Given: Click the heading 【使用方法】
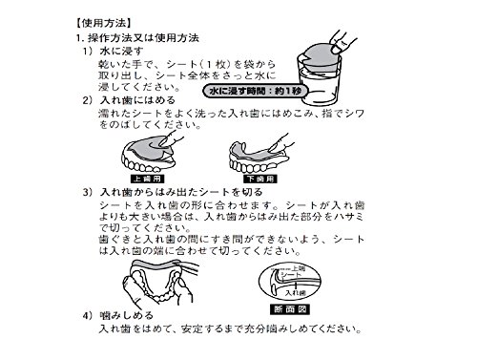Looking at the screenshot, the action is click(x=104, y=23).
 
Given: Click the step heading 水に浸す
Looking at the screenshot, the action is click(x=121, y=51).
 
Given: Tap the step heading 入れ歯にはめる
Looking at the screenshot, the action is click(x=137, y=100).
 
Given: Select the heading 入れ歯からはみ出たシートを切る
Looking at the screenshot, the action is click(x=181, y=192).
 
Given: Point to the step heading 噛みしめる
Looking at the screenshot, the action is click(x=127, y=315).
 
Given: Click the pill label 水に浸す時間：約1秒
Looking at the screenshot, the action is click(x=256, y=91).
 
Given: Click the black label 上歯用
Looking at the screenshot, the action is click(x=148, y=179).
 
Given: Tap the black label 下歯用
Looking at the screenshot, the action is click(x=260, y=179).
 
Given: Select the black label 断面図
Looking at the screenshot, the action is click(x=290, y=309).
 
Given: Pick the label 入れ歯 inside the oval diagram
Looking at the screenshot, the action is click(x=295, y=292).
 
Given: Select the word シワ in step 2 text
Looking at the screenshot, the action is click(x=354, y=113).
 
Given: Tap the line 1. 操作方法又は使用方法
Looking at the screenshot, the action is click(x=137, y=38).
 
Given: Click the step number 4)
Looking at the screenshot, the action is click(x=88, y=315).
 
